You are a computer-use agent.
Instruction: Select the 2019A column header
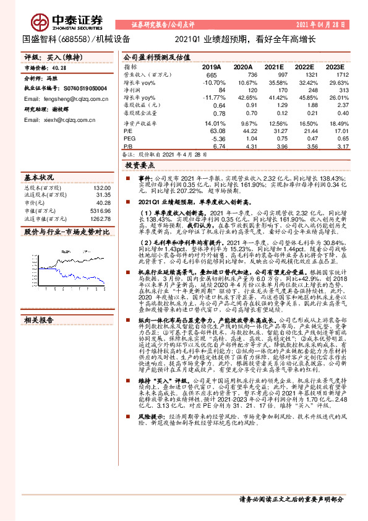click(x=212, y=66)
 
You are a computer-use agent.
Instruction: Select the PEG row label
click(x=129, y=139)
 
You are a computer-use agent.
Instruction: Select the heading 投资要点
click(x=140, y=166)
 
